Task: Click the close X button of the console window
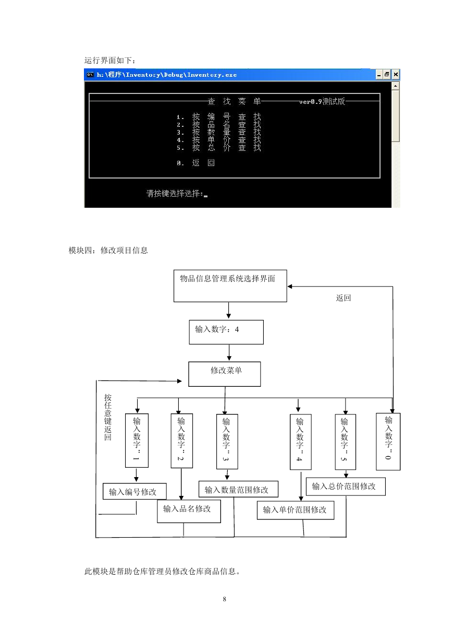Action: [396, 75]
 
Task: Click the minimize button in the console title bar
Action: [379, 75]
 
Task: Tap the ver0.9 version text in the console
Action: [322, 101]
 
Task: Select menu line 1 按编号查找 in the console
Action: [218, 117]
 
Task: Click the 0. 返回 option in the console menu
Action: [195, 163]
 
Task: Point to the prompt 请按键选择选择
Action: [175, 194]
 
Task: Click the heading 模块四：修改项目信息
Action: [108, 251]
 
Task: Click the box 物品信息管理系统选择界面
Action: [230, 286]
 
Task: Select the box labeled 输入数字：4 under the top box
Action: [226, 332]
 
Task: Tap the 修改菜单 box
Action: [224, 374]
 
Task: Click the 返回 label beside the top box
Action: [343, 298]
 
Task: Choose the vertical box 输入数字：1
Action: [137, 441]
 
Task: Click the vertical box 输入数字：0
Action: [388, 442]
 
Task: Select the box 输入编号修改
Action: [134, 491]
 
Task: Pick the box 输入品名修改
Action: [189, 511]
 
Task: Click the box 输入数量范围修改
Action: [238, 489]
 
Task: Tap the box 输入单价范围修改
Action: [295, 510]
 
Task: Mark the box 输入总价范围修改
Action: [346, 486]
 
